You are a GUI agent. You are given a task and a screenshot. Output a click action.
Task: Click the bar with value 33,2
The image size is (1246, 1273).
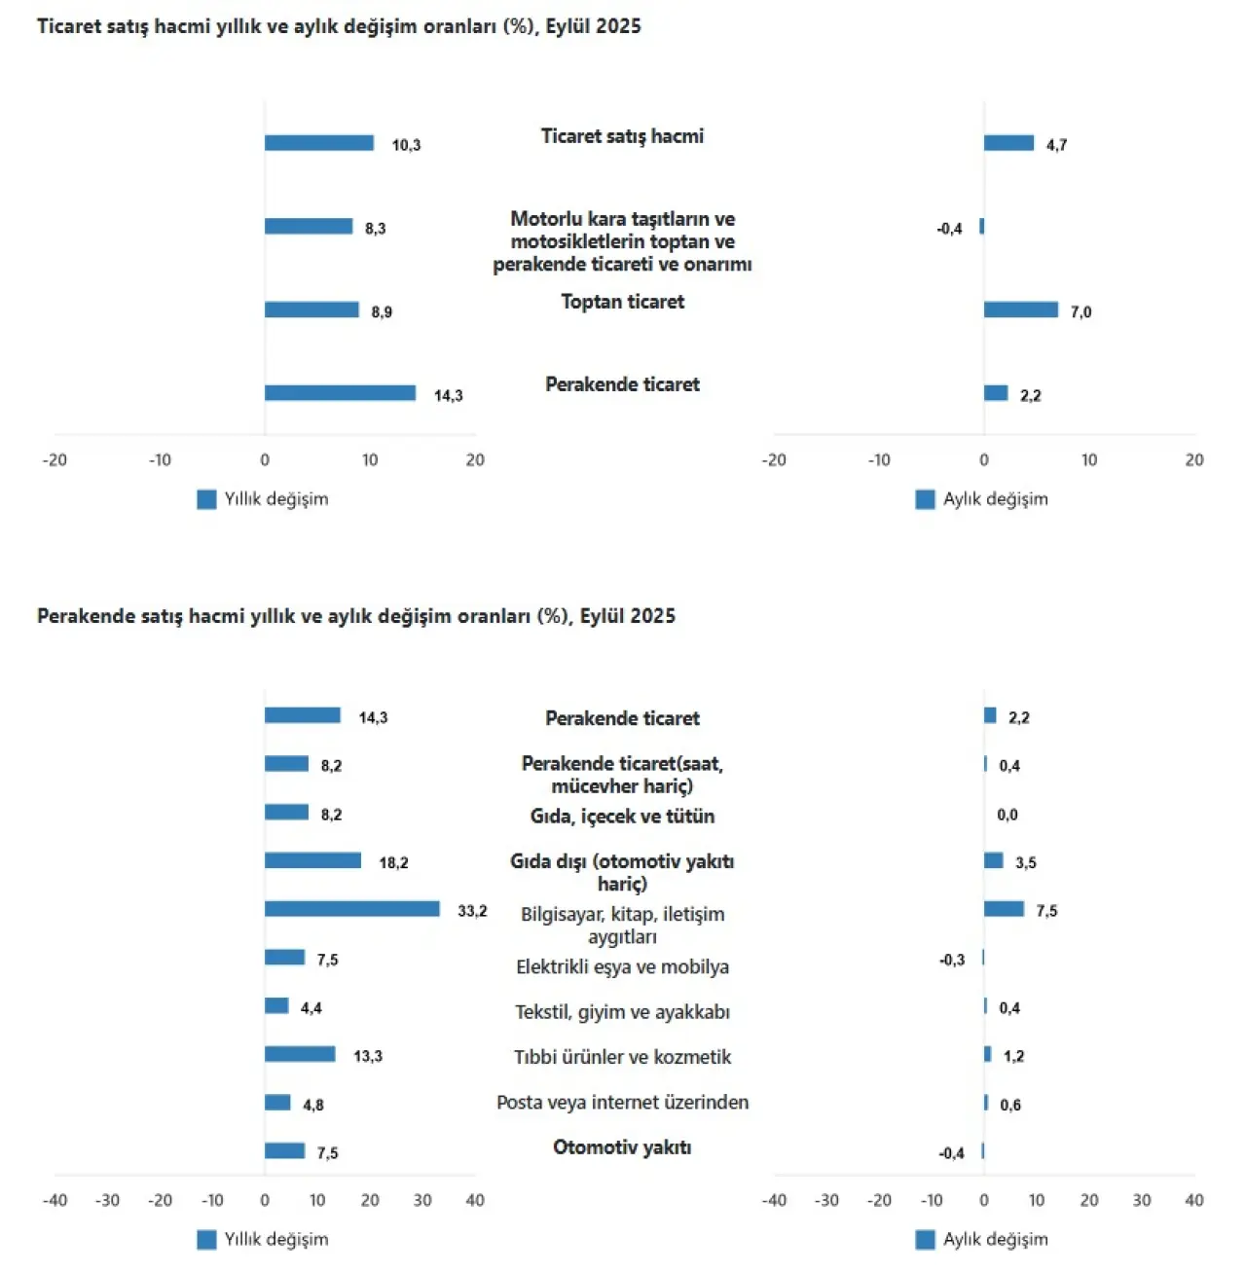[x=351, y=909]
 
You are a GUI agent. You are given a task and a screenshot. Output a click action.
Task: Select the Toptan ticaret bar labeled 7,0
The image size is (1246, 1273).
[x=1020, y=309]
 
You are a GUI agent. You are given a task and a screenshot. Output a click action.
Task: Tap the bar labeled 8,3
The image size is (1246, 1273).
[x=309, y=227]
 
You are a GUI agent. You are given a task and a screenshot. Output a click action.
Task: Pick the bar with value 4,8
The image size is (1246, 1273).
[x=277, y=1103]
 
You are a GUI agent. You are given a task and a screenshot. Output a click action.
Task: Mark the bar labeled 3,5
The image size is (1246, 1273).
[x=993, y=860]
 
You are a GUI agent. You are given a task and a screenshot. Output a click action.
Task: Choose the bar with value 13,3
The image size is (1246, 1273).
[x=300, y=1054]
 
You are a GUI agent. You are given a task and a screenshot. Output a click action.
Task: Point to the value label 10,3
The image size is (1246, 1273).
[x=406, y=145]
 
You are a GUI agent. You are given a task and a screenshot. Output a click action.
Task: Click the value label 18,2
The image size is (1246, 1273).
[x=393, y=862]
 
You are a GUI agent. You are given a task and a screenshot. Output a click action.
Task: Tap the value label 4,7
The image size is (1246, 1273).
[x=1056, y=145]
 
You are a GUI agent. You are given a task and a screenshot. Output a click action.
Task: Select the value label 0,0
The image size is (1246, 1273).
[x=1008, y=815]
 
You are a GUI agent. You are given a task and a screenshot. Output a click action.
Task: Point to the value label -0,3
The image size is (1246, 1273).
[x=952, y=960]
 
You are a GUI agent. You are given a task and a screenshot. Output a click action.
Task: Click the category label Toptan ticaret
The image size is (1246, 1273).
[x=622, y=302]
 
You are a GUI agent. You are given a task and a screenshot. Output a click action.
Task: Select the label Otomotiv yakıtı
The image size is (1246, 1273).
[x=622, y=1147]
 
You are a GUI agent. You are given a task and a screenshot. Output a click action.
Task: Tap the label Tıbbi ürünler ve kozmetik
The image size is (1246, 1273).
[x=622, y=1057]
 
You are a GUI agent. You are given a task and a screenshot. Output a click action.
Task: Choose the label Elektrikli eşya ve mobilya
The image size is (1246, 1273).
[x=622, y=966]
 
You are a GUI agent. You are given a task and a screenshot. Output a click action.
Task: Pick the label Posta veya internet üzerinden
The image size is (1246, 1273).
[x=622, y=1103]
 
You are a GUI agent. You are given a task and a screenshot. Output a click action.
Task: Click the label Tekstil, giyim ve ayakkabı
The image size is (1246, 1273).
[x=622, y=1012]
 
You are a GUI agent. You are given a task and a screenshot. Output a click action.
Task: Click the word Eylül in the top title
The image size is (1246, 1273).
[x=567, y=26]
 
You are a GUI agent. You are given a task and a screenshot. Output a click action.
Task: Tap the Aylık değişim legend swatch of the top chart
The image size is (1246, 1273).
[x=925, y=499]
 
